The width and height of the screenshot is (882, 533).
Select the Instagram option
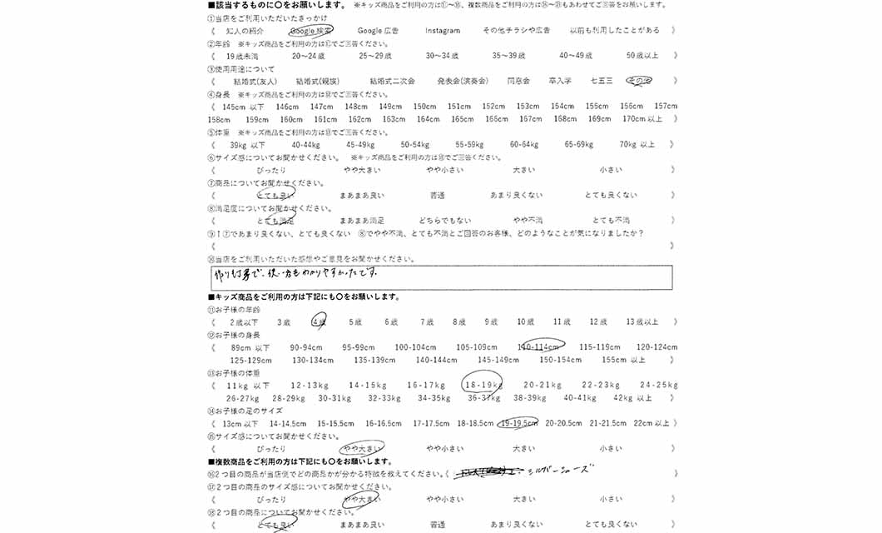pos(442,31)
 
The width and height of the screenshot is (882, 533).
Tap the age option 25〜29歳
pos(375,56)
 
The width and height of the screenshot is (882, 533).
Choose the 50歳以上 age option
pos(642,56)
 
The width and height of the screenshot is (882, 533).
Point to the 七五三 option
pos(601,81)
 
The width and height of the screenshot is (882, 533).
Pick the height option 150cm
pos(424,107)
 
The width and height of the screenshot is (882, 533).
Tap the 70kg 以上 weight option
pos(637,144)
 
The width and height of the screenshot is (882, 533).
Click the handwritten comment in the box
pos(295,273)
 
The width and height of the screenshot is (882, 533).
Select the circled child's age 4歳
pos(319,321)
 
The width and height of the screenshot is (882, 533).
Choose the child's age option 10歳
pos(525,321)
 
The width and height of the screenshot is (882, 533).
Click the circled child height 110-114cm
pos(541,346)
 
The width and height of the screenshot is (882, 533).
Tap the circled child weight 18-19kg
pos(483,386)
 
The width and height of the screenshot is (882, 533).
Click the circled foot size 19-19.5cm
pos(518,423)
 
